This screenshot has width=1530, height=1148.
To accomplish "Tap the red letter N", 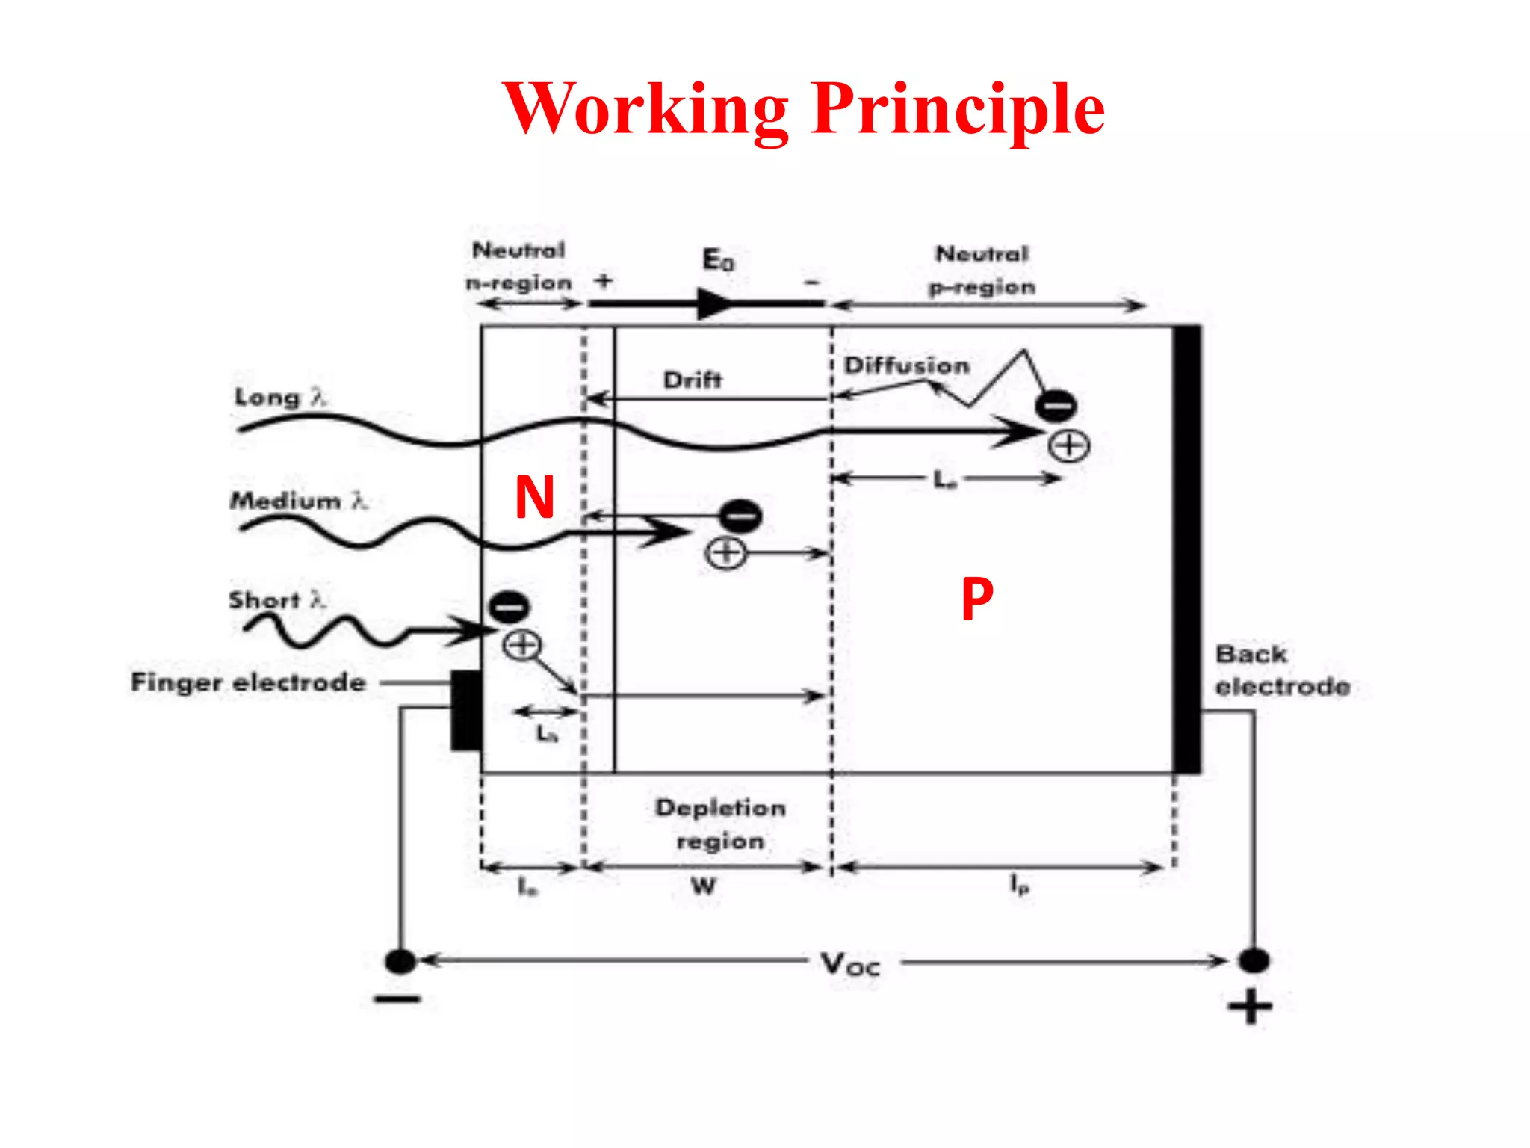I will [535, 497].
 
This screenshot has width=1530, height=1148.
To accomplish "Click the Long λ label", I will [281, 397].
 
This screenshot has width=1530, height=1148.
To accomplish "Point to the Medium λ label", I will [298, 500].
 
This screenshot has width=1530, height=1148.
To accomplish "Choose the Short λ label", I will [277, 599].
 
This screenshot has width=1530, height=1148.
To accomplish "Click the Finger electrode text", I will [248, 682].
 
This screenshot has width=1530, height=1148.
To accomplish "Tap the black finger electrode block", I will [466, 710].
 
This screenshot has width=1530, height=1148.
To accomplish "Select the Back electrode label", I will [1282, 670].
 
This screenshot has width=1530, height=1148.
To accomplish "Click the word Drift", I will [693, 380].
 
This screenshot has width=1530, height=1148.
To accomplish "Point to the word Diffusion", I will [906, 365].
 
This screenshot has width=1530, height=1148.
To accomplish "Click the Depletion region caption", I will [720, 824].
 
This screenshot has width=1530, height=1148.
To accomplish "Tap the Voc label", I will [850, 964].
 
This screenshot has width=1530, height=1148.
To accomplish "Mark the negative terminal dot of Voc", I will [400, 961].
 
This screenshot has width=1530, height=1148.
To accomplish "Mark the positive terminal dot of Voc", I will [1254, 960].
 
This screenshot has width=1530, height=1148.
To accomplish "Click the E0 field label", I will [718, 260].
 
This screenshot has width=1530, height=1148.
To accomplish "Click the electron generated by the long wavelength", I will [1055, 406].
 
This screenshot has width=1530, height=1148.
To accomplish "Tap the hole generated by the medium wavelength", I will [725, 554].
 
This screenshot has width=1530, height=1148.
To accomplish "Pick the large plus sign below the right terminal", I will [1250, 1006].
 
